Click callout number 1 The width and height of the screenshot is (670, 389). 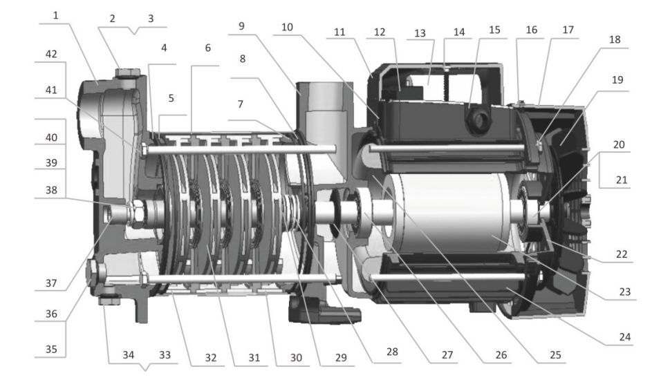[55, 16]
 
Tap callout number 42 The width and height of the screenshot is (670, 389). [51, 54]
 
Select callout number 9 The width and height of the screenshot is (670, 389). [241, 26]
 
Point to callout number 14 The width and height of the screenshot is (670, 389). [459, 32]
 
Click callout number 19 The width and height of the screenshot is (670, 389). [617, 80]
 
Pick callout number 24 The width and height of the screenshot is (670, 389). [624, 337]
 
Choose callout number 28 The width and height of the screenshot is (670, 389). [392, 352]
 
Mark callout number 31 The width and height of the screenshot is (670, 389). [254, 358]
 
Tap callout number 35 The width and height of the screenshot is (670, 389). [51, 350]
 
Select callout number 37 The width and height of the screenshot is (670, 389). [51, 283]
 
